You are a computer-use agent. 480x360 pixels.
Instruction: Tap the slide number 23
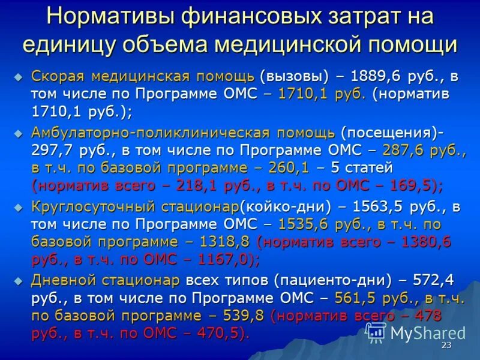point(446,346)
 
